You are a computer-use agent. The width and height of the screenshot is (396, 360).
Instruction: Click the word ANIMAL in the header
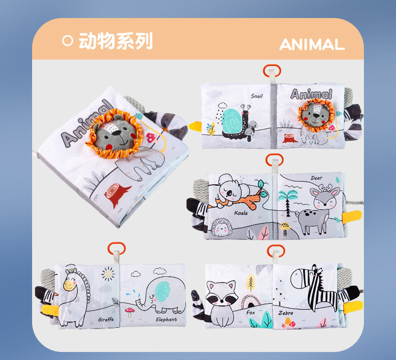coord(312,44)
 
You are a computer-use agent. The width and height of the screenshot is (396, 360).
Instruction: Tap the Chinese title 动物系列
coord(115,41)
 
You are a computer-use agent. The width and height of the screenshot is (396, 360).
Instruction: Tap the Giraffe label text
coord(106,319)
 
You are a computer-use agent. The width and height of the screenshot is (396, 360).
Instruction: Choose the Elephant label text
coord(166,319)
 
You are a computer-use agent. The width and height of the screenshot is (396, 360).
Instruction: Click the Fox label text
coord(251,312)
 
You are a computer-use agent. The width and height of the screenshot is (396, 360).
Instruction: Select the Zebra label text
coord(286,313)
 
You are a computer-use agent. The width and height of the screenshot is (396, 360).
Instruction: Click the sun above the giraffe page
coord(107,274)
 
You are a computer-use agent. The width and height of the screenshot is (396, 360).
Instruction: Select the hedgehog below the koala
coord(224,228)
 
